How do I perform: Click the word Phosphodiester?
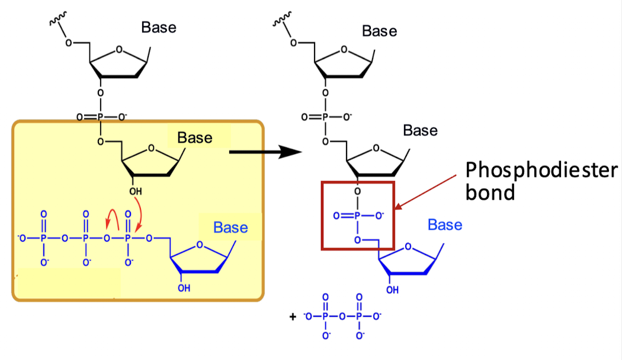[x=541, y=171]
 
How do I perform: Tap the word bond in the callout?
[x=489, y=192]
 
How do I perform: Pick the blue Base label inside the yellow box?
[x=230, y=227]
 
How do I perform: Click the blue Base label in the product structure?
[x=445, y=225]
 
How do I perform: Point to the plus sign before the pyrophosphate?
[x=292, y=317]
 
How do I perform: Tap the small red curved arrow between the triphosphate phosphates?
[x=111, y=220]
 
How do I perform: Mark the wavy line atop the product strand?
[x=279, y=22]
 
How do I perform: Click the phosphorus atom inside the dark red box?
[x=357, y=216]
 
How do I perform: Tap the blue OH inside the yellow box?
[x=184, y=288]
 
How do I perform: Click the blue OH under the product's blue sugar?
[x=392, y=290]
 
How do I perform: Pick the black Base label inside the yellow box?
[x=195, y=138]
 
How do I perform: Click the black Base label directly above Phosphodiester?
[x=420, y=130]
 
